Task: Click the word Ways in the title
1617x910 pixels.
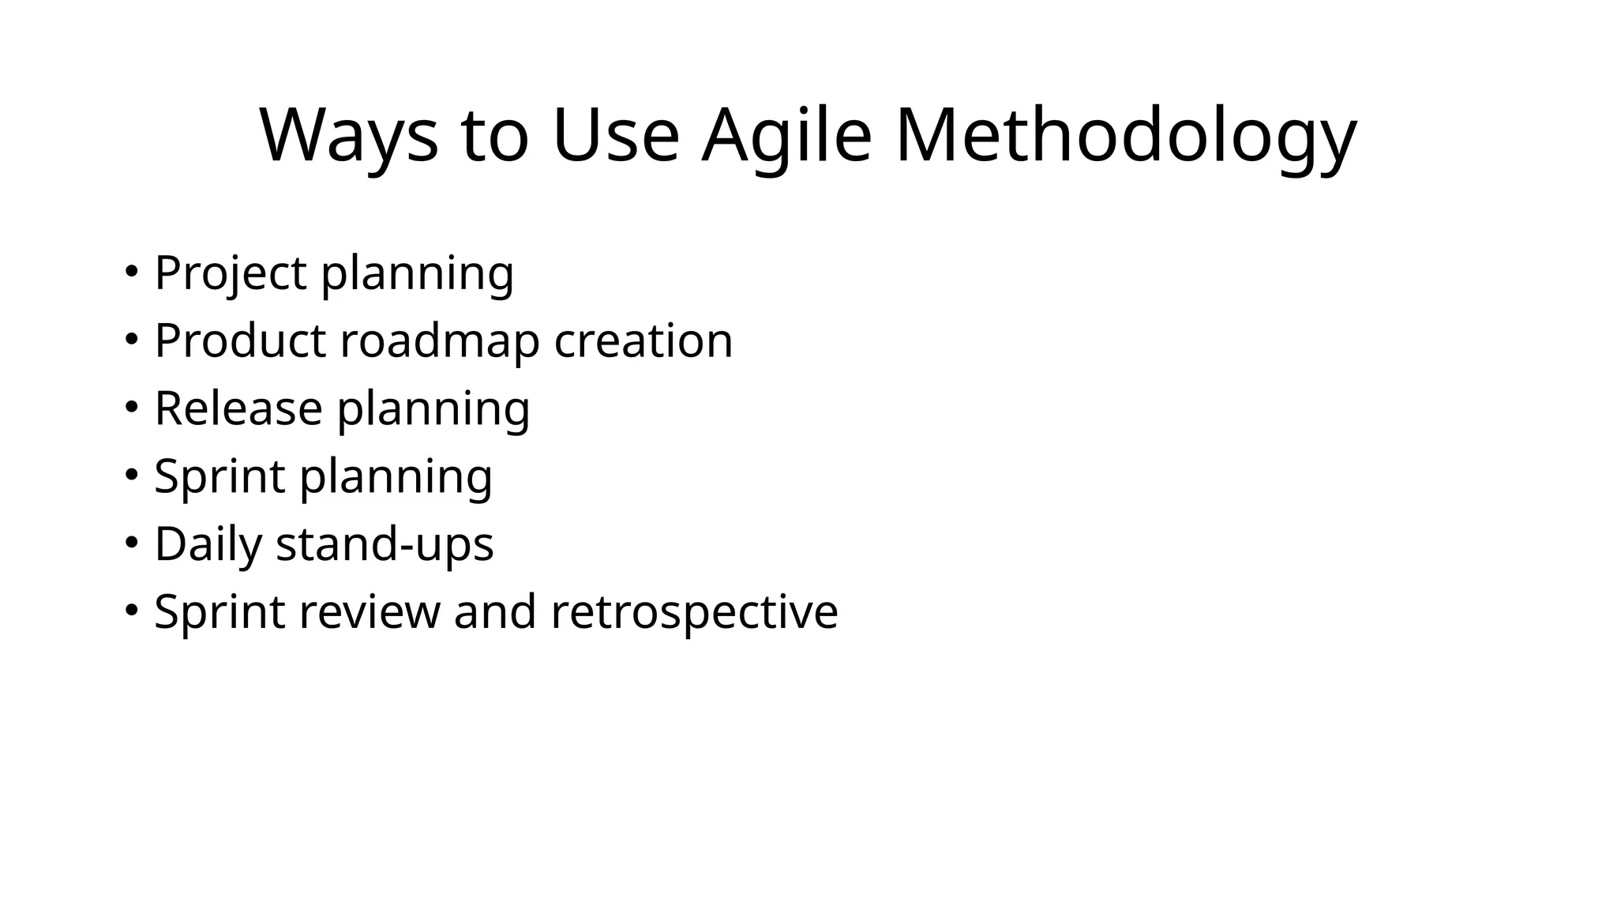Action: tap(348, 136)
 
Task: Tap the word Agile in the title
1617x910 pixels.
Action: tap(786, 136)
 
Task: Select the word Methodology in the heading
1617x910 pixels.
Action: tap(1126, 136)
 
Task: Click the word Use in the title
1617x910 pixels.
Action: tap(615, 136)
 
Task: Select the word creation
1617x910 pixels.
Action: tap(643, 341)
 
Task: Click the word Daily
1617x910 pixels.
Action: tap(208, 544)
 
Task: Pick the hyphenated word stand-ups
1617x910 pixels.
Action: tap(385, 544)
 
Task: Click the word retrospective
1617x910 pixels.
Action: tap(694, 612)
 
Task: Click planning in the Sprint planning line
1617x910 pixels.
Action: tap(396, 477)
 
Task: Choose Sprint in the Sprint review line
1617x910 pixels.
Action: tap(219, 612)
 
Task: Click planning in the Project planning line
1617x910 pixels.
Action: tap(417, 273)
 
